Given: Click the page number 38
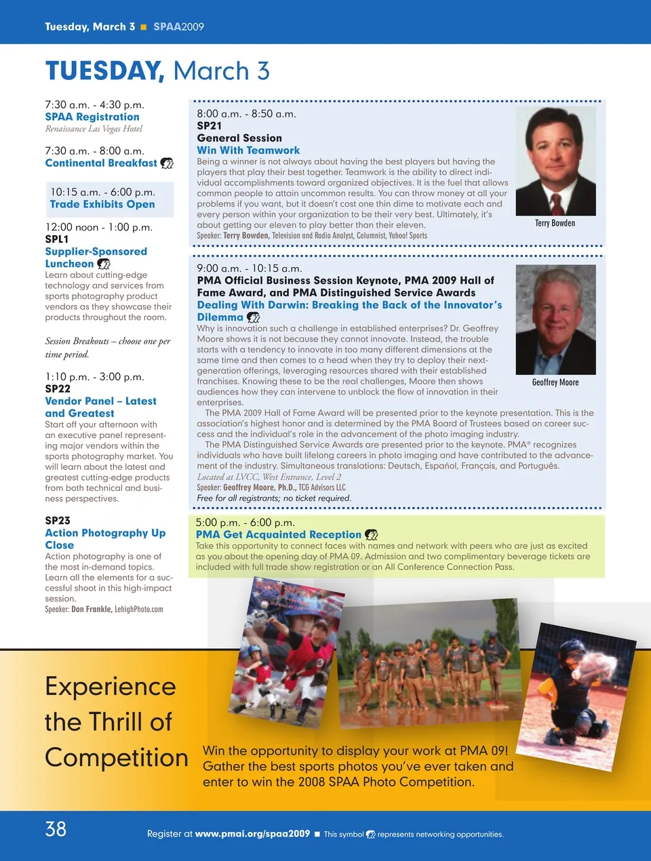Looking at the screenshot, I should [x=56, y=828].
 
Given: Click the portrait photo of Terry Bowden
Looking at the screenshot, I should [x=555, y=161].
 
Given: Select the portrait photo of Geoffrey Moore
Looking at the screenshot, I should [x=555, y=319].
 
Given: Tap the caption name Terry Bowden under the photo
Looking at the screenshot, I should [x=555, y=223].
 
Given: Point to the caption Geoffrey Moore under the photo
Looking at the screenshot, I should [x=555, y=382].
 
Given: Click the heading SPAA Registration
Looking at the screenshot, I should [x=92, y=117].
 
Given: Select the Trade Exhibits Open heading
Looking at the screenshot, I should [x=102, y=204].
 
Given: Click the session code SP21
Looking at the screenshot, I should [x=210, y=125].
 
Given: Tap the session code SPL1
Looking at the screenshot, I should [x=57, y=239].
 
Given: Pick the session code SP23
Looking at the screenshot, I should [x=58, y=521].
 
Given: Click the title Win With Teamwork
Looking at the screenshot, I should [x=248, y=151].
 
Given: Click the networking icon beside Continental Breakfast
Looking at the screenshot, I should [x=167, y=163].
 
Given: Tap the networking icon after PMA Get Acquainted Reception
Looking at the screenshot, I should [x=372, y=535].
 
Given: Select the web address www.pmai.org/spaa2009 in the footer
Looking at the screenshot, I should [x=252, y=834].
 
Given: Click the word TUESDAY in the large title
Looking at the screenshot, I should [x=104, y=71].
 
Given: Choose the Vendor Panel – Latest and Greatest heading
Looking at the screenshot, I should [x=100, y=407].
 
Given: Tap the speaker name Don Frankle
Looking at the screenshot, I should [x=92, y=609].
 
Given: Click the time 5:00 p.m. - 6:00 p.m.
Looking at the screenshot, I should [x=245, y=523].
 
